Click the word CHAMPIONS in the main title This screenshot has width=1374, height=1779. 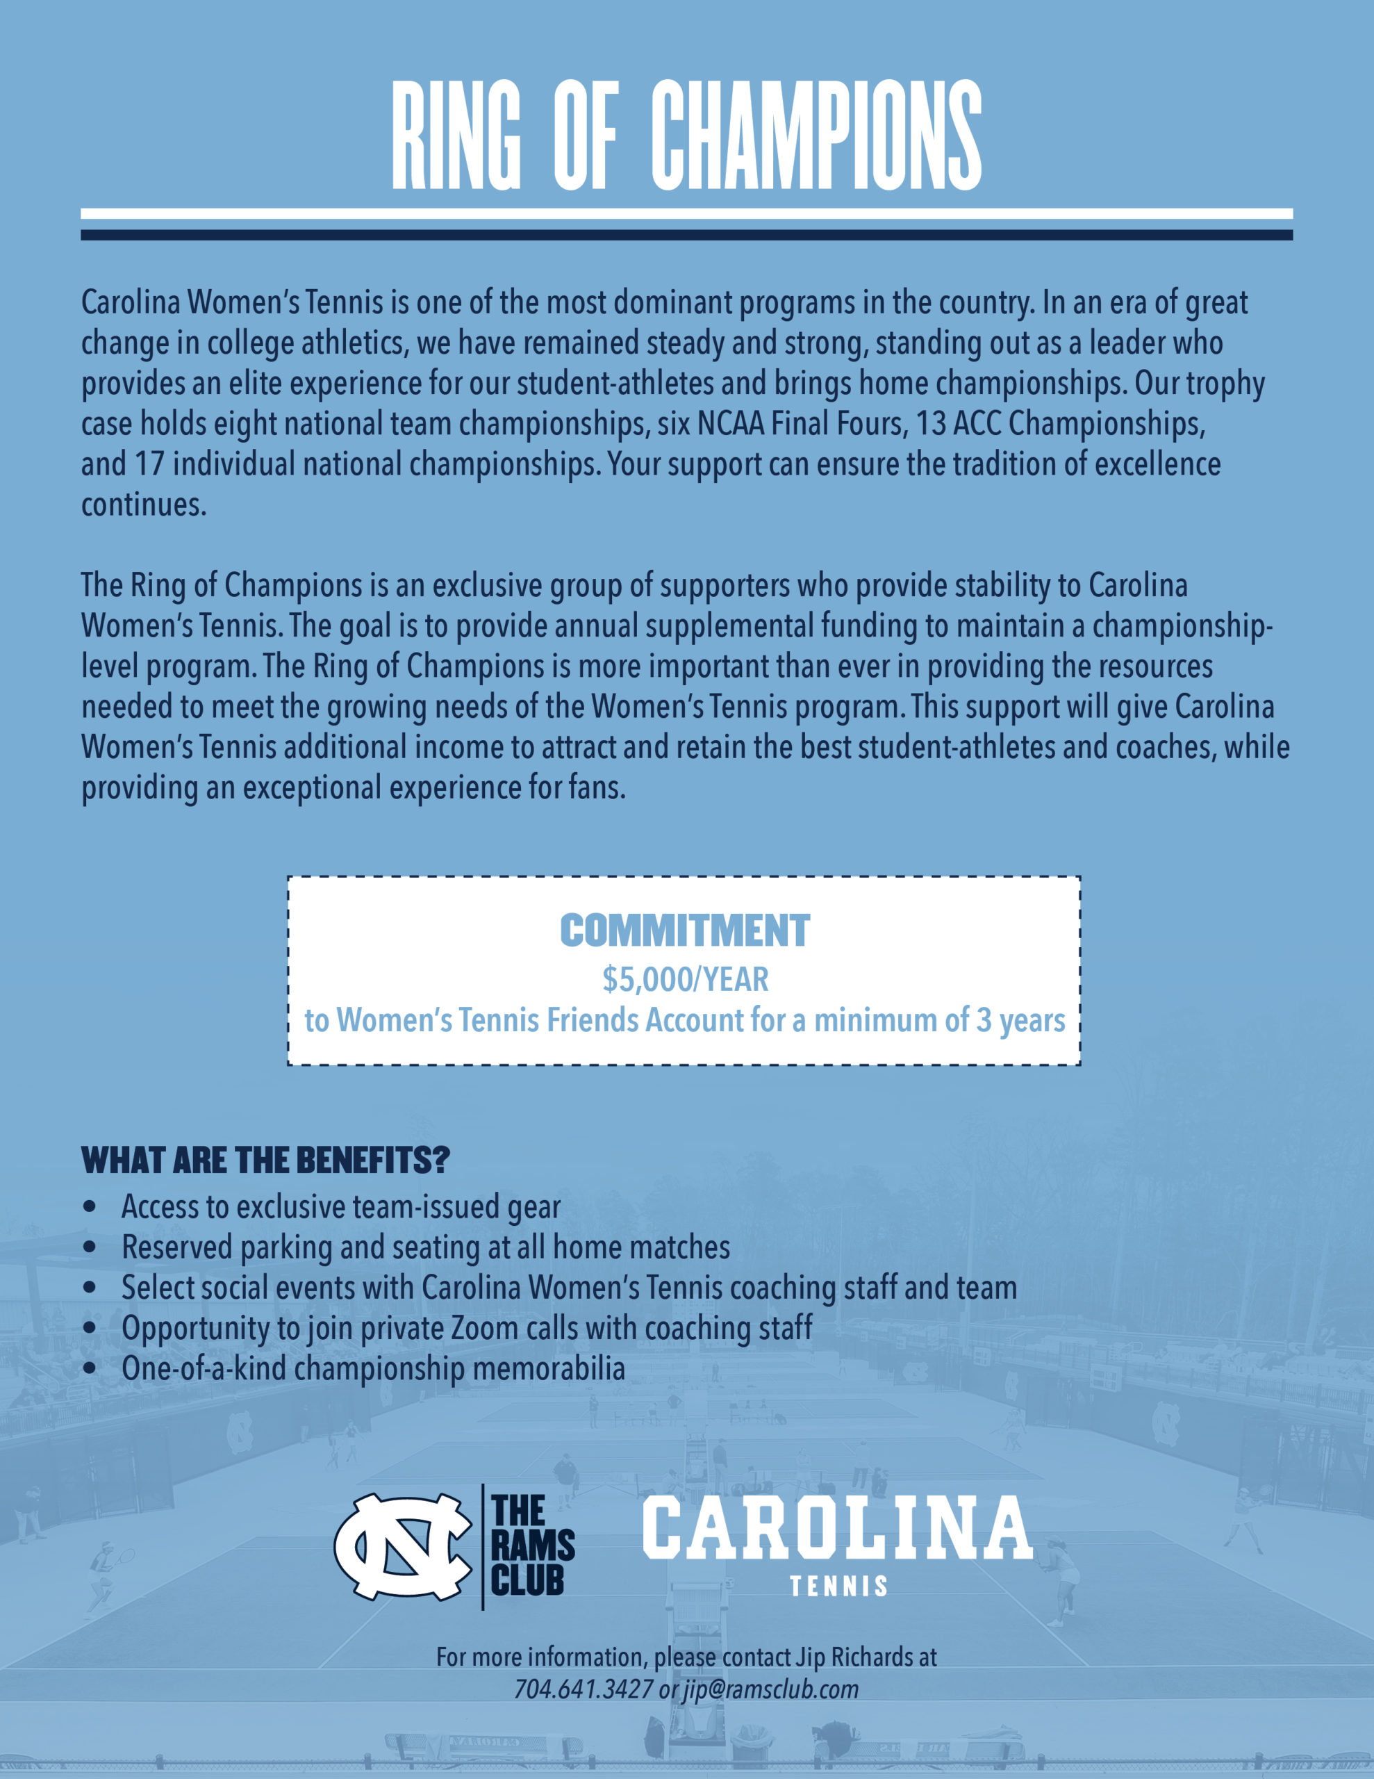(816, 136)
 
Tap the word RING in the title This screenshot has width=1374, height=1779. (456, 136)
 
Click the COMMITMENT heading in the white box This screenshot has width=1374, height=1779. (684, 931)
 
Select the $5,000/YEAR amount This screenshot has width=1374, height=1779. (684, 980)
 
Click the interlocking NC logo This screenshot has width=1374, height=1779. (402, 1546)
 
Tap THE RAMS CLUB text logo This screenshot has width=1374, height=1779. (532, 1546)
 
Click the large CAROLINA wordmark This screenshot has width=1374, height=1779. (837, 1528)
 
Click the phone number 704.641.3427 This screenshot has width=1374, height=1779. (583, 1689)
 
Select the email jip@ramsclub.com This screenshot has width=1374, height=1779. (770, 1689)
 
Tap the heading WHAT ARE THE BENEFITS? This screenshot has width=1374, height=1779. (265, 1160)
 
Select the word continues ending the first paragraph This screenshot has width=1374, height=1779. (142, 505)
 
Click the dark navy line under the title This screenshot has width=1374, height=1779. (686, 235)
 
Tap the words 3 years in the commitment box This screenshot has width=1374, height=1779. (1020, 1021)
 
